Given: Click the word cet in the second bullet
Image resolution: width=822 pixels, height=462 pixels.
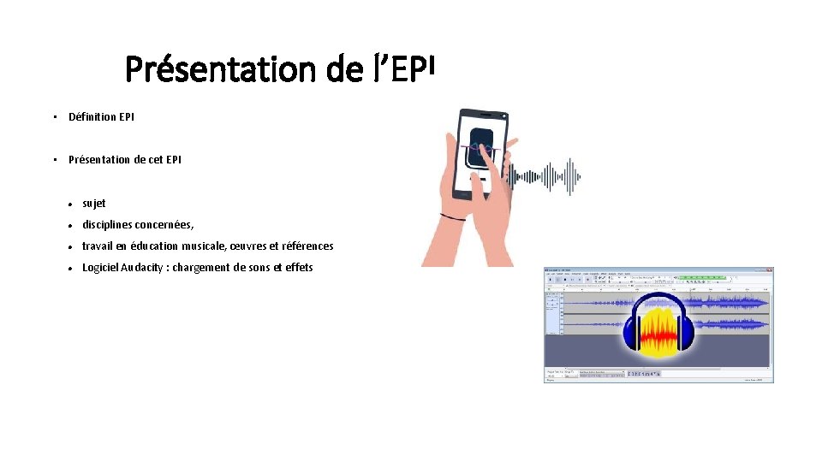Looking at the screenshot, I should click(155, 159).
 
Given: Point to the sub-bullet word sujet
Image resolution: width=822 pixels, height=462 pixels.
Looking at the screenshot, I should click(94, 204).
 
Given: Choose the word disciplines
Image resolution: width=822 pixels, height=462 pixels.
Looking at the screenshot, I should click(110, 225).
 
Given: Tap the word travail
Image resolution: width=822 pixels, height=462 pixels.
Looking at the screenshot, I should click(98, 246).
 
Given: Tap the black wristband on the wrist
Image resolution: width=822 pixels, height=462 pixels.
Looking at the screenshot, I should click(453, 217).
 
